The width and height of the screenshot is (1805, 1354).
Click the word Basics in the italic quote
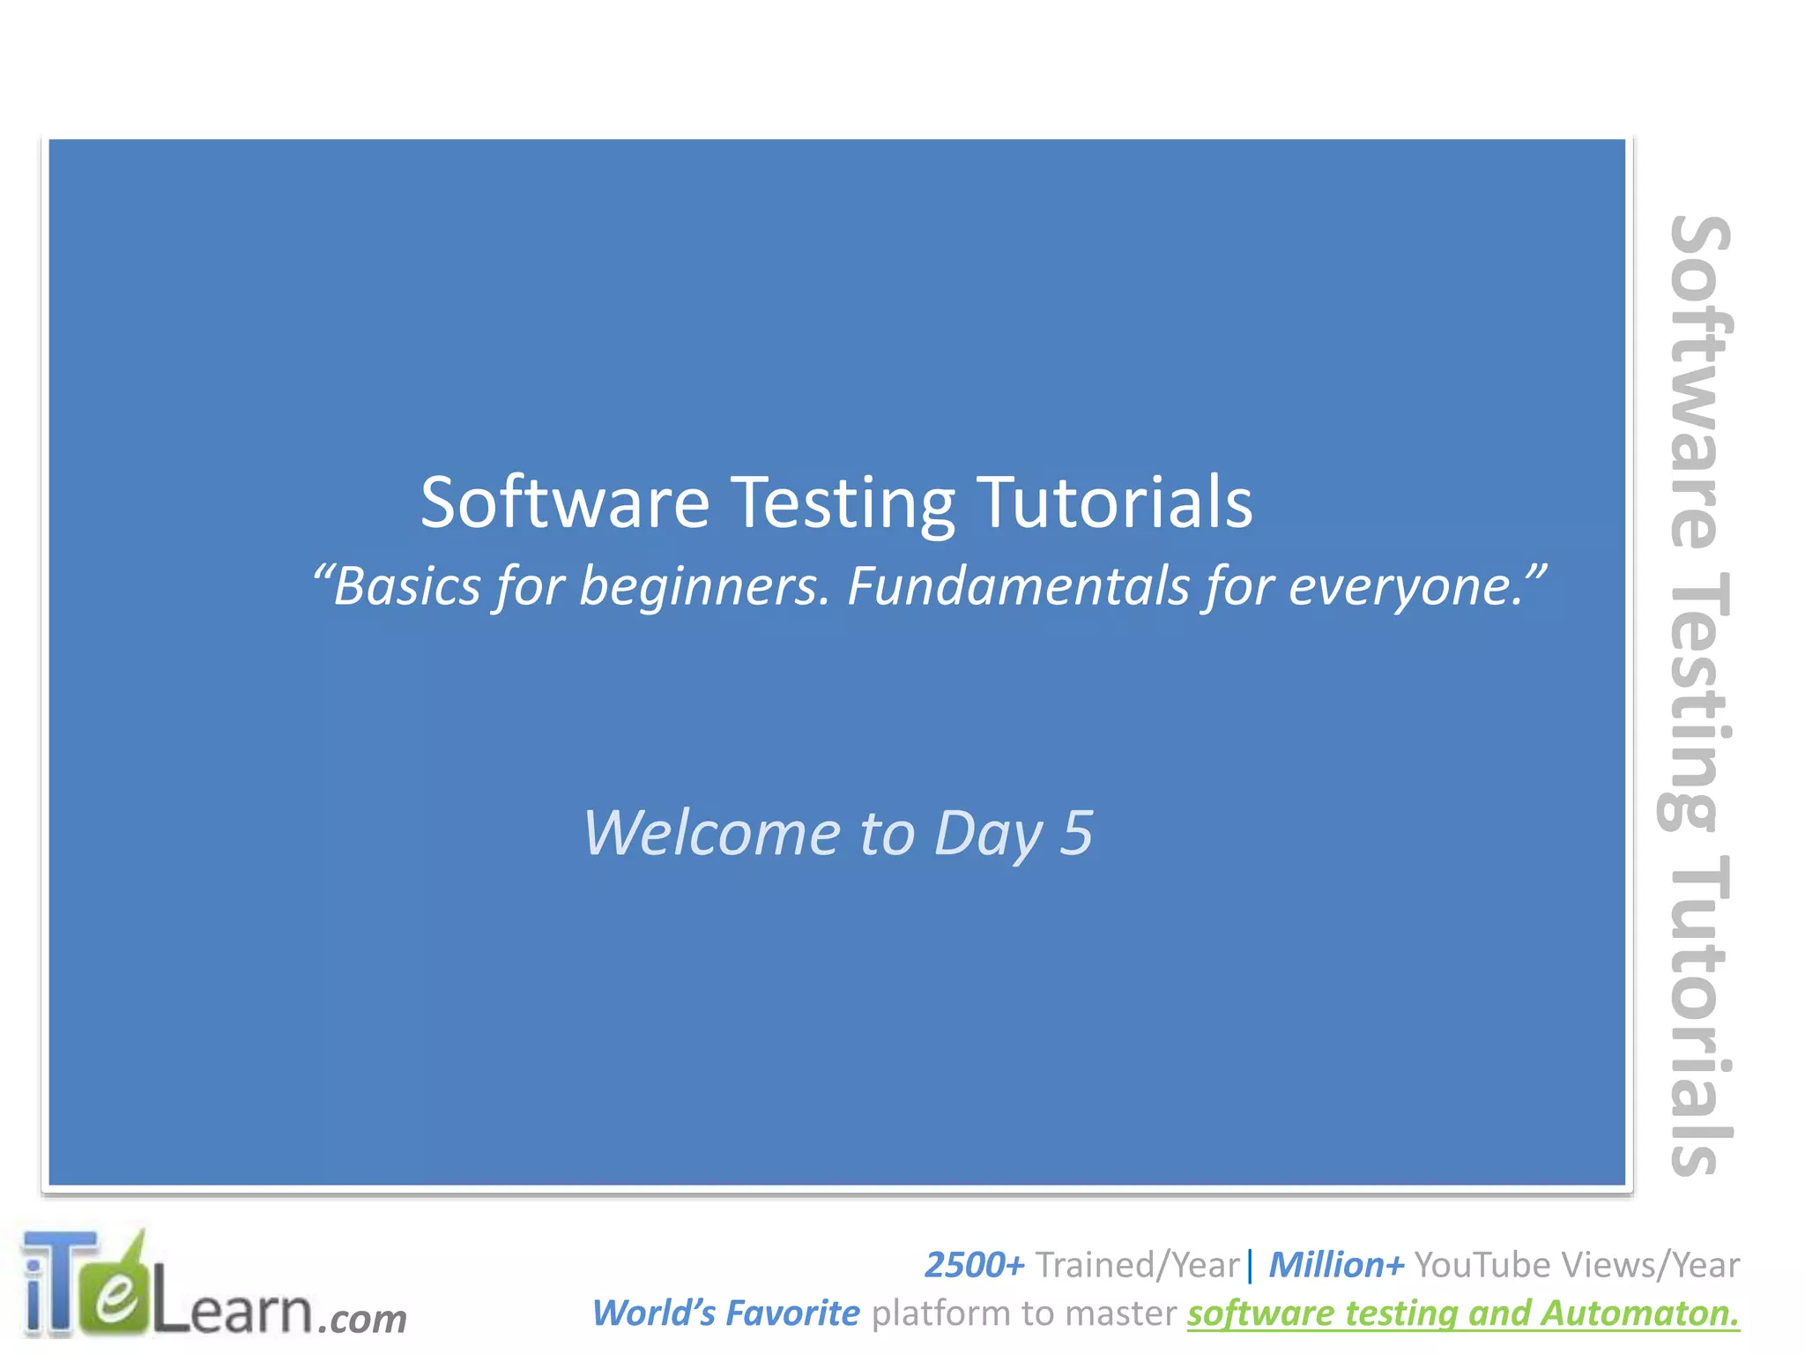(406, 585)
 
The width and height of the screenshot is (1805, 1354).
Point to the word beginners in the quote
(704, 585)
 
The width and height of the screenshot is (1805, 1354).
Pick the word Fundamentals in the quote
(1018, 585)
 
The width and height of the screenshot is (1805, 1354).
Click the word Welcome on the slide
(711, 833)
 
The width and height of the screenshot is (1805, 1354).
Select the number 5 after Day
(1076, 833)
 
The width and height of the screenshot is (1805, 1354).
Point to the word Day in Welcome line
(988, 833)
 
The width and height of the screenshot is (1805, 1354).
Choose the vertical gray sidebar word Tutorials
(1697, 1014)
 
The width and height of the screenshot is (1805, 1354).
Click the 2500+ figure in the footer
(973, 1265)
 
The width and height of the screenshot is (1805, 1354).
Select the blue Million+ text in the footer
(1335, 1265)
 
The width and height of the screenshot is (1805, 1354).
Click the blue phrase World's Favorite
(724, 1313)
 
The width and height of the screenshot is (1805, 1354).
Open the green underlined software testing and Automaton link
(1463, 1313)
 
